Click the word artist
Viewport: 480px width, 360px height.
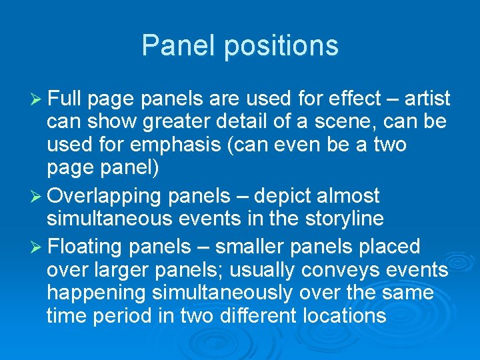[425, 99]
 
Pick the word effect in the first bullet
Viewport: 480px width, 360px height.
[349, 99]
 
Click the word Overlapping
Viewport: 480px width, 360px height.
[105, 196]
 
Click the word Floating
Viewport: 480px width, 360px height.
[84, 247]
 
